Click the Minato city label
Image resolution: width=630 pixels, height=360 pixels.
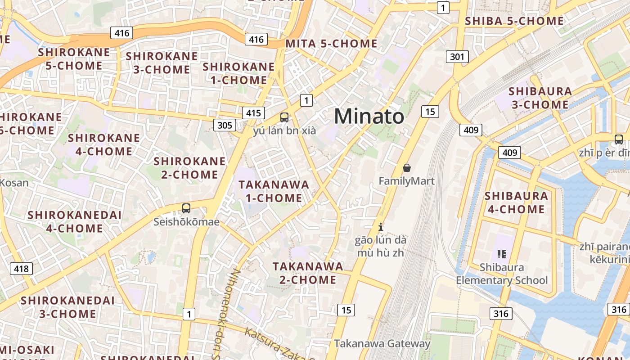click(x=369, y=117)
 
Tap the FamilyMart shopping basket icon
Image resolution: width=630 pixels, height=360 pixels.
click(x=407, y=168)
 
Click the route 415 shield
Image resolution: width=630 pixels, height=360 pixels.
click(x=253, y=112)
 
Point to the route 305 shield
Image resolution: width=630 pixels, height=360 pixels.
click(x=225, y=125)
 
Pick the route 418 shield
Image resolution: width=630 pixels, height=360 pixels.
click(x=21, y=269)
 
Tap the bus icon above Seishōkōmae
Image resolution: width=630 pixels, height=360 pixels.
click(x=186, y=208)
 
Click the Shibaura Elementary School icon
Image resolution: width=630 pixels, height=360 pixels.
click(x=502, y=254)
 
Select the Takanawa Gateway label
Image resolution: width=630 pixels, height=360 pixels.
click(x=382, y=344)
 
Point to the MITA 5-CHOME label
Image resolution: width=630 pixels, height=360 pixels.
click(x=332, y=44)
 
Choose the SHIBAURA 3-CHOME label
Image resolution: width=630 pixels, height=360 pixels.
click(x=540, y=98)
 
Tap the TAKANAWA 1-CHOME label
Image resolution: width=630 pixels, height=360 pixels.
click(x=274, y=191)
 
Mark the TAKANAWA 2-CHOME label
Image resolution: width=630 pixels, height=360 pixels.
click(x=308, y=273)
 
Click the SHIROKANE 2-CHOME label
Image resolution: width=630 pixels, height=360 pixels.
click(x=189, y=168)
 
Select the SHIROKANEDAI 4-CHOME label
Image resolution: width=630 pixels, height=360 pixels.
click(x=74, y=221)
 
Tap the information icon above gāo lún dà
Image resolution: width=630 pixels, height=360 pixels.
click(x=381, y=226)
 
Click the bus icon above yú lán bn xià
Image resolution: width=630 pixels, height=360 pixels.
click(x=284, y=117)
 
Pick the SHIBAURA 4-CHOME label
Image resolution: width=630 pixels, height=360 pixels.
click(x=516, y=202)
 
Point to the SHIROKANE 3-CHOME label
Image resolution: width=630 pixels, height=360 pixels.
click(x=162, y=63)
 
